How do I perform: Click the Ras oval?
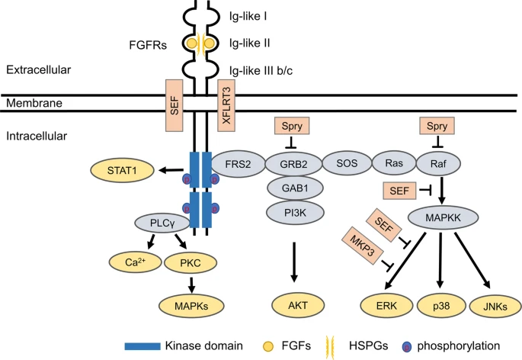coord(393,162)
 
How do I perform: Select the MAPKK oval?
coord(444,219)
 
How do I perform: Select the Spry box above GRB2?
coord(290,124)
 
